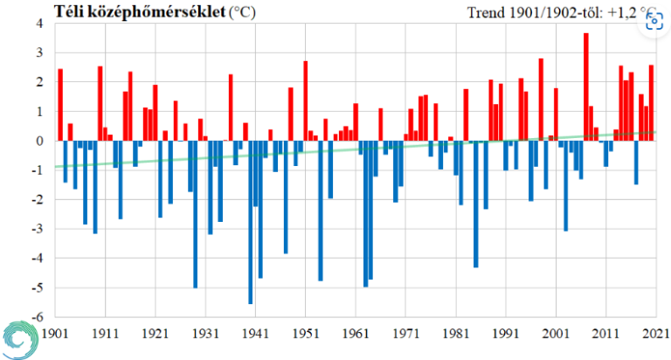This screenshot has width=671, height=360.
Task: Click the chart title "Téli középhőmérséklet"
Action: [x=139, y=11]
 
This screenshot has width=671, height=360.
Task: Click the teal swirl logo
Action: [x=19, y=337]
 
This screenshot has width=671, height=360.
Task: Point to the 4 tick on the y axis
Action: [x=40, y=24]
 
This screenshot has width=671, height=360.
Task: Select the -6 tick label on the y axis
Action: [x=38, y=317]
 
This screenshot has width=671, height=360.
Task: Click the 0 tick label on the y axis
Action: [x=40, y=141]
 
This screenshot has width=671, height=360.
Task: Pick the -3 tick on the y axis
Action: [x=38, y=229]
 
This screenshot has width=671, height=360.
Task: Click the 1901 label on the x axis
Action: [x=55, y=333]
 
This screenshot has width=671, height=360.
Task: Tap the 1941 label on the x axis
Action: [x=255, y=333]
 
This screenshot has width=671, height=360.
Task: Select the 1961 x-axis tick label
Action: [x=356, y=333]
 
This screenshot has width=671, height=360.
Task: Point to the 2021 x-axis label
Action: [x=654, y=333]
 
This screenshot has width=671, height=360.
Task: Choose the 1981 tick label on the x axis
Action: [x=455, y=333]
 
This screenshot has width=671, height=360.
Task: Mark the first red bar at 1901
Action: [x=60, y=105]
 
